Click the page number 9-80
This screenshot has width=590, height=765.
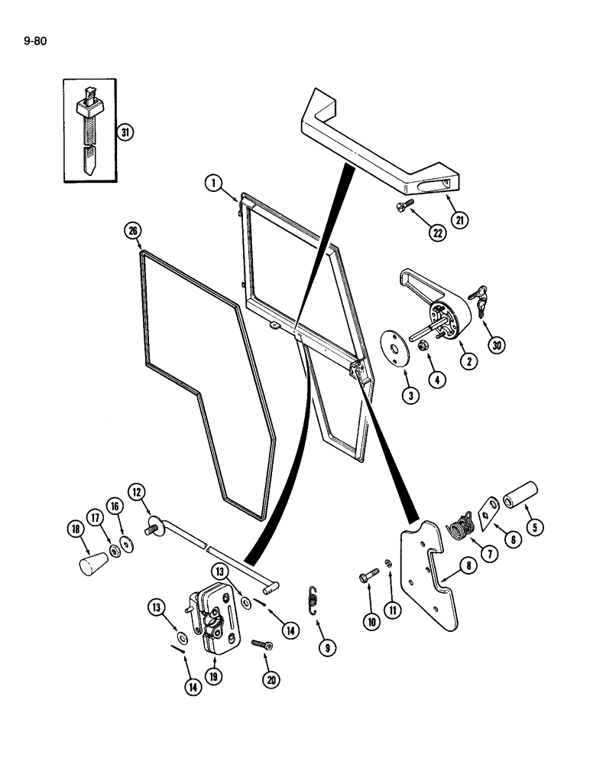(x=36, y=41)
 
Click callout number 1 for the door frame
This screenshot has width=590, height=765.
(x=213, y=182)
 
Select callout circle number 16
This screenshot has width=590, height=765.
(x=115, y=506)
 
